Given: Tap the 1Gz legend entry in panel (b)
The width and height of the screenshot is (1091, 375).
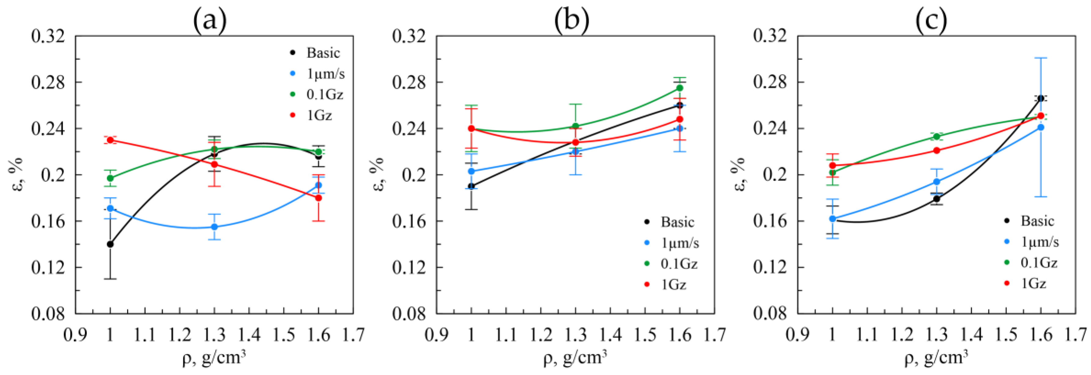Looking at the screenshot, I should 673,285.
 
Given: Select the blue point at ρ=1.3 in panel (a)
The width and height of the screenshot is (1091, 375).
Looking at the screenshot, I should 215,227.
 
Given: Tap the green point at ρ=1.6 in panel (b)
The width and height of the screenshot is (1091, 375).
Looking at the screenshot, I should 680,88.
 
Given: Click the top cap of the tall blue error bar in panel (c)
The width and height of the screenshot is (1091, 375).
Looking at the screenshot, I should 1041,58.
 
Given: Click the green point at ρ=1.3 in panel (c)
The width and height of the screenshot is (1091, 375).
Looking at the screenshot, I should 936,136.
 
